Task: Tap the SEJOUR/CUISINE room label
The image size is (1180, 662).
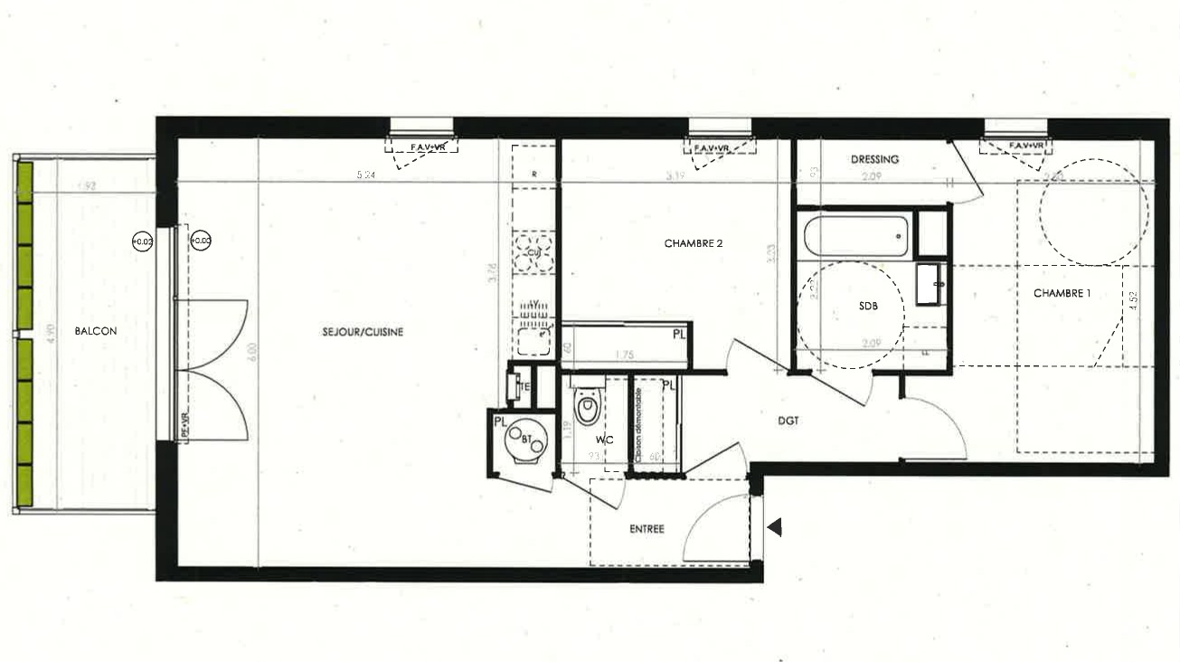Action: (363, 333)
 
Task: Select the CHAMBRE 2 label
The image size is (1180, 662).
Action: (694, 243)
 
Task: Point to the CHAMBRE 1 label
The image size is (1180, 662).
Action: (1062, 293)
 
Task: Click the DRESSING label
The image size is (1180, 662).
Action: (874, 160)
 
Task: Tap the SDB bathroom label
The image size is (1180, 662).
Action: (869, 307)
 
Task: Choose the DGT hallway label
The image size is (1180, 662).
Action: (788, 421)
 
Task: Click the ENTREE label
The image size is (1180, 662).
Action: (647, 529)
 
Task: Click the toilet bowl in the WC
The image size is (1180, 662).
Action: (587, 408)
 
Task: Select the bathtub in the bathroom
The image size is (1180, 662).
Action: (854, 235)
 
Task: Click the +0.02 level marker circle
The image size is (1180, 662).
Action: (142, 241)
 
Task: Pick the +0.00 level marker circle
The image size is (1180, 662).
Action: (201, 241)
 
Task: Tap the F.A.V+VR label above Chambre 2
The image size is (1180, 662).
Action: (721, 147)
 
